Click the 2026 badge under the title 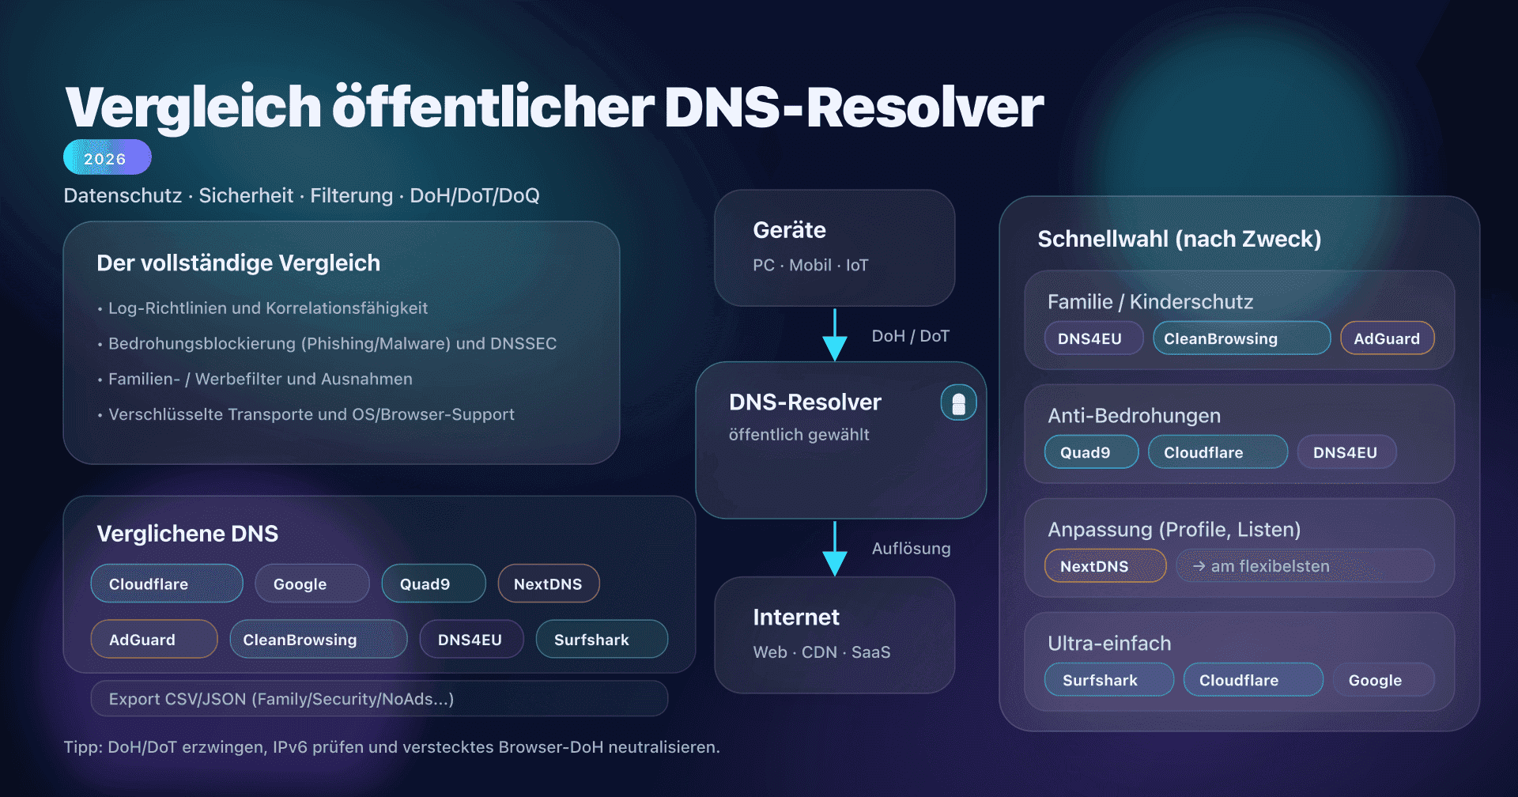coord(107,157)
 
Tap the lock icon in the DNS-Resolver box coord(958,403)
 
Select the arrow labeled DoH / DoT coord(835,335)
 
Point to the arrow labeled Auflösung coord(835,548)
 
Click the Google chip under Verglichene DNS coord(312,584)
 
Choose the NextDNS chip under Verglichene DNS coord(548,584)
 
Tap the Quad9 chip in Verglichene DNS coord(432,584)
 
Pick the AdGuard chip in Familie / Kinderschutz coord(1387,338)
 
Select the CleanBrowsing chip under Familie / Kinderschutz coord(1240,338)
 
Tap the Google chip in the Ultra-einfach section coord(1383,680)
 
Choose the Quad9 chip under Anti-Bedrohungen coord(1090,452)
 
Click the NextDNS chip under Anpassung coord(1105,566)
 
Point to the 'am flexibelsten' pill coord(1305,566)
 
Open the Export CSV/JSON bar coord(379,699)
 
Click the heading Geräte coord(789,230)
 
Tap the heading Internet coord(795,618)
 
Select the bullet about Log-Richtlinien coord(267,308)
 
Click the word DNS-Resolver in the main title coord(854,108)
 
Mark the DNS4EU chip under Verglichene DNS coord(470,640)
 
